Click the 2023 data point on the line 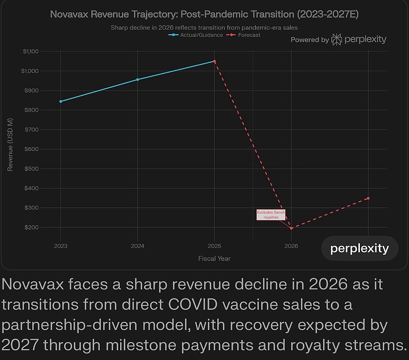61,101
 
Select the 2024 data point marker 138,80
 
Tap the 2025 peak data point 214,61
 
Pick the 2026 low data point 291,228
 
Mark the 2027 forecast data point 368,198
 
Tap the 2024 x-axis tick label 138,246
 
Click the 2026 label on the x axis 291,246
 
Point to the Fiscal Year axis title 214,259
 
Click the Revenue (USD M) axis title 11,144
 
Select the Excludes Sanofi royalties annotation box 271,215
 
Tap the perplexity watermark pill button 359,249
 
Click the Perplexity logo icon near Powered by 336,39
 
